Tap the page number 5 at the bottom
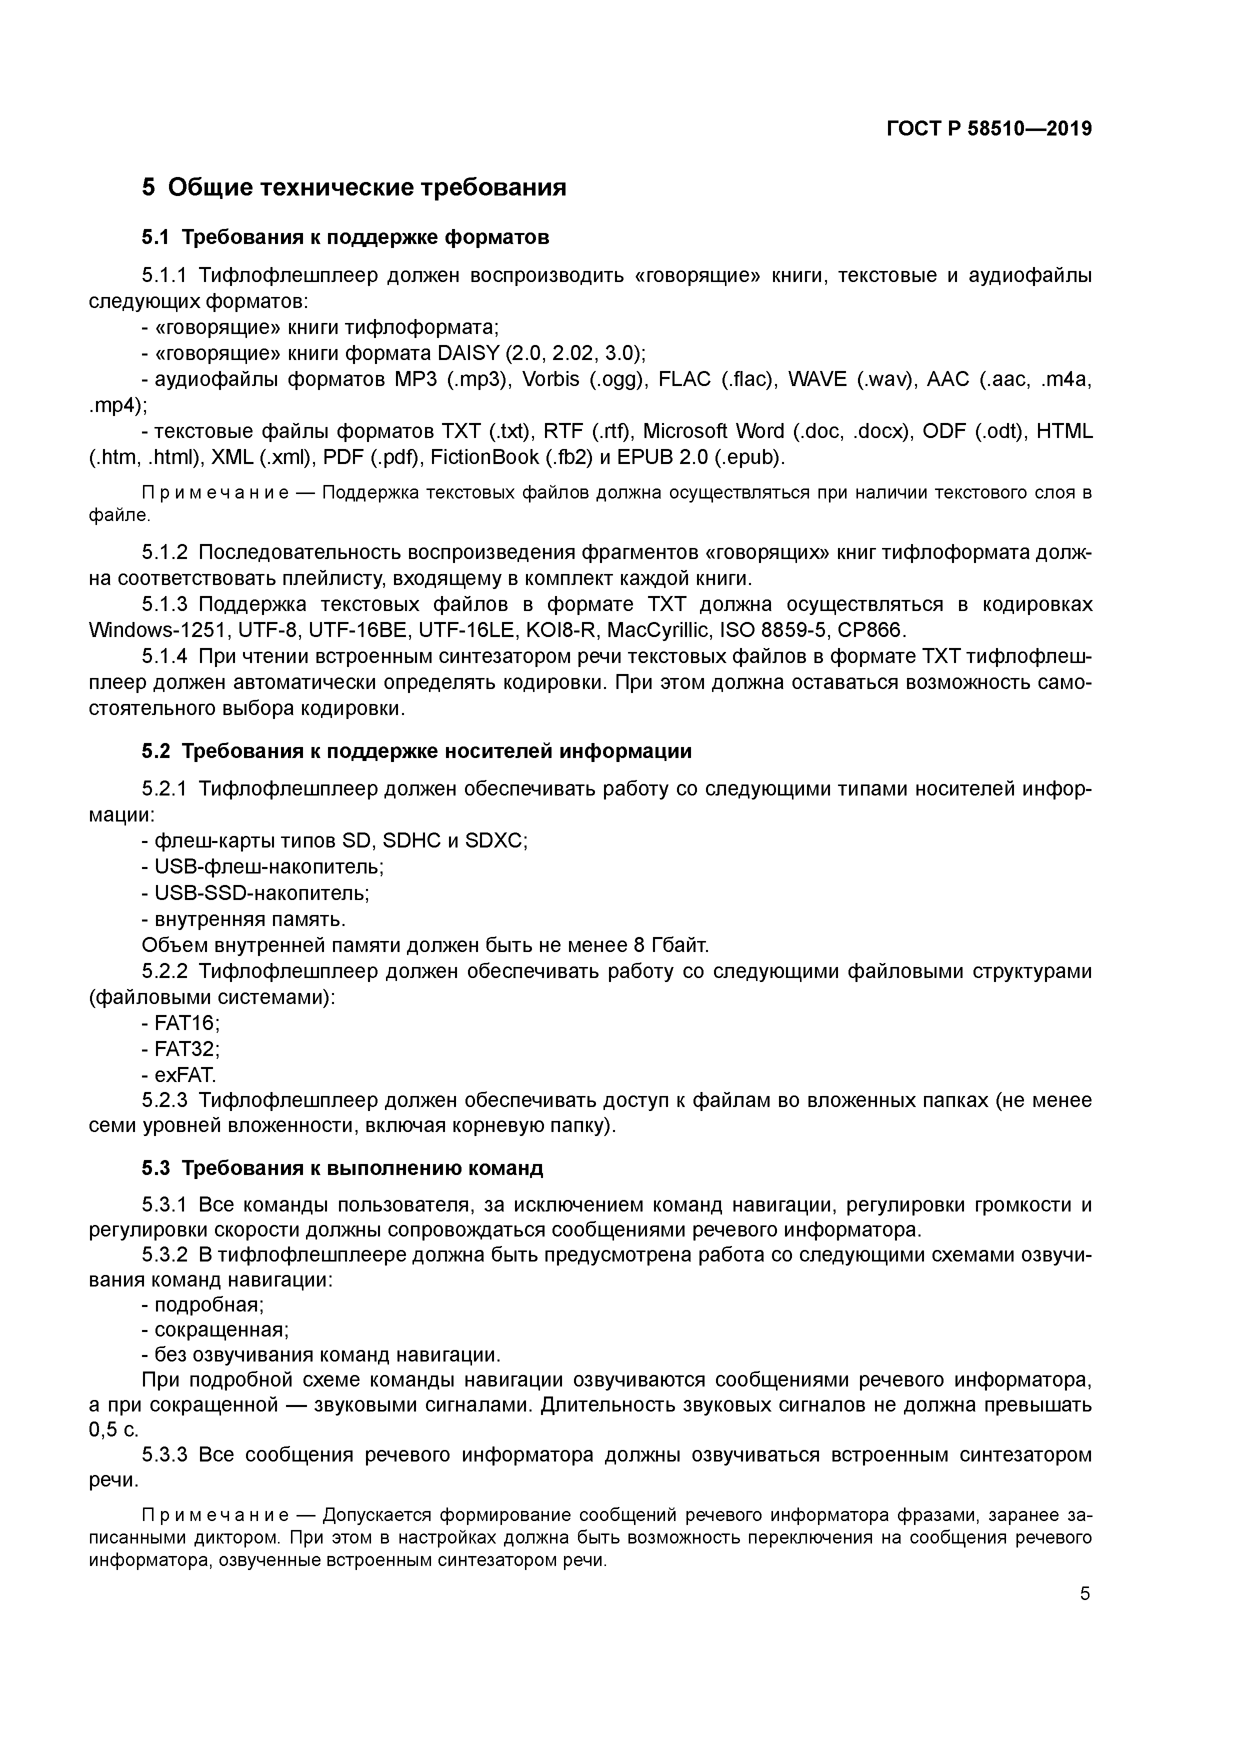tap(1085, 1593)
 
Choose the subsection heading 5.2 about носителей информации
tap(416, 751)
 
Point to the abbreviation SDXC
tap(495, 841)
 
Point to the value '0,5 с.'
tap(113, 1429)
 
